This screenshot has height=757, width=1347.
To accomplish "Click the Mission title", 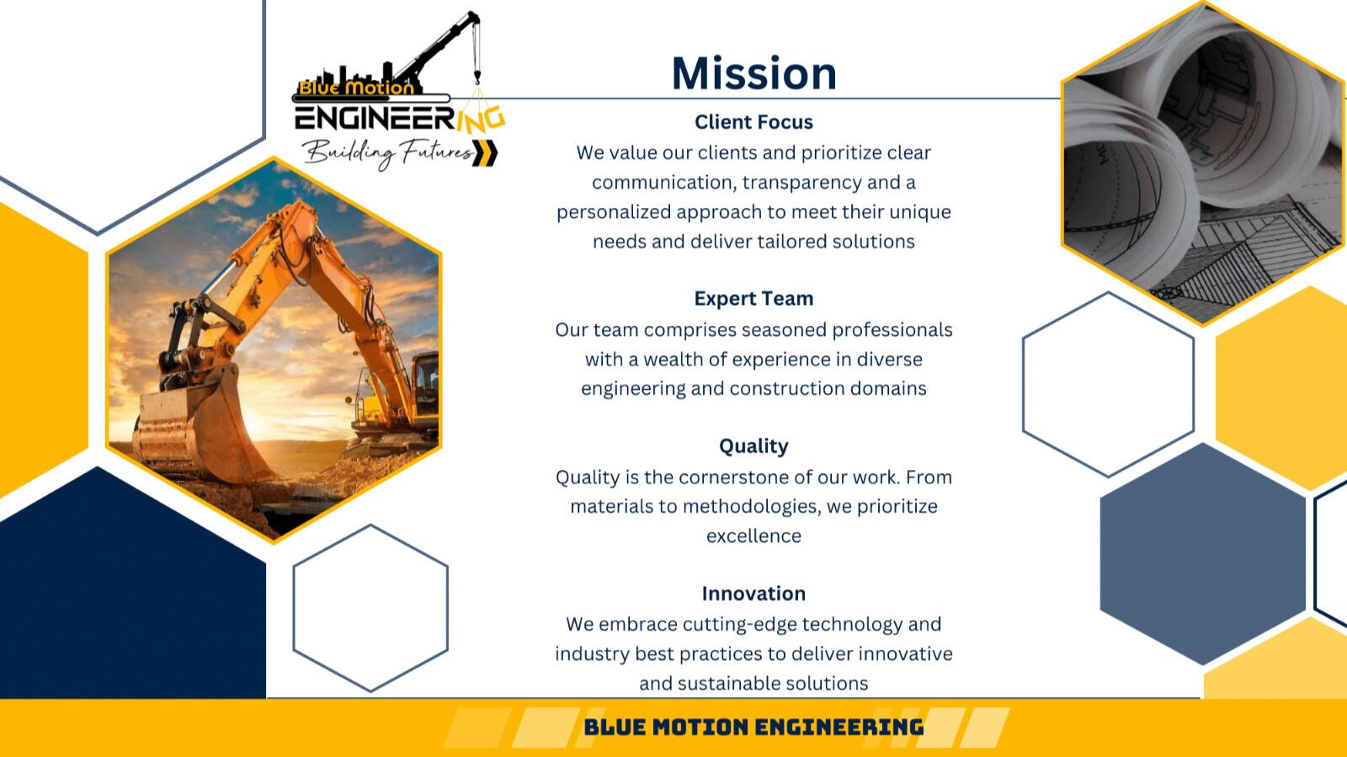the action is pos(754,73).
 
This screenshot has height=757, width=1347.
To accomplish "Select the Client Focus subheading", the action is pos(753,122).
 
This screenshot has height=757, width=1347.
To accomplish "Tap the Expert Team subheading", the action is pos(753,298).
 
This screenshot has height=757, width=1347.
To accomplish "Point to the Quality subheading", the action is pos(753,446).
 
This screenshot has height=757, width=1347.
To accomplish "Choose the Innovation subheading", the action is pos(753,594).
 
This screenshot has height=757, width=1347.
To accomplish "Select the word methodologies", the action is pos(752,507).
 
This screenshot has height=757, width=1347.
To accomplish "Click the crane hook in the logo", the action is pos(477,77).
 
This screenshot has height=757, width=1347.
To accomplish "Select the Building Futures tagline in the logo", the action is pos(388,153).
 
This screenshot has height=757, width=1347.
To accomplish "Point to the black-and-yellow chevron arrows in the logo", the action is pos(485,152).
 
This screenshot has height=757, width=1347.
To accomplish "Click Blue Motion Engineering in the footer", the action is pos(753,727).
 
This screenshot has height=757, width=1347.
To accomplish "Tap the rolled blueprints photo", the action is pos(1203,163).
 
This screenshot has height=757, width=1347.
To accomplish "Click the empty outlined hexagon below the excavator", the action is pos(370,608).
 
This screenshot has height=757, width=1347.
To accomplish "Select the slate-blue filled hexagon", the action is pos(1203,554).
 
